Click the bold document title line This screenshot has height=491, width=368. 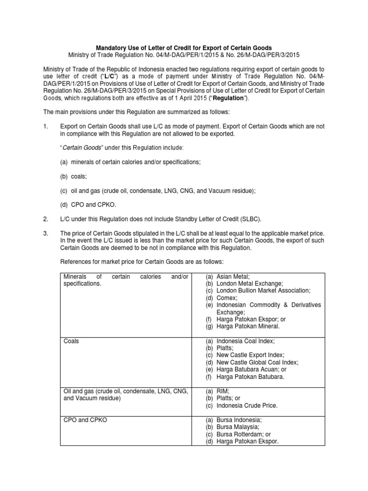coord(184,48)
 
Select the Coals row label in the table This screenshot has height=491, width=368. coord(71,341)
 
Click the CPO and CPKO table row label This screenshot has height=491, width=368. coord(85,420)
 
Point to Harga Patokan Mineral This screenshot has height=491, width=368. coord(247,326)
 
